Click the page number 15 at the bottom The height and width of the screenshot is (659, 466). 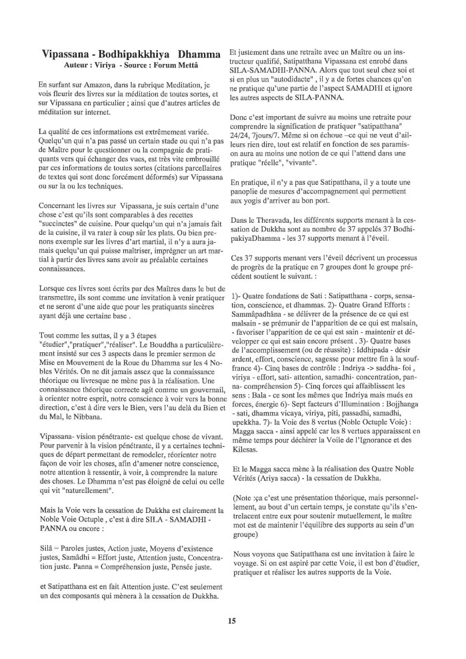click(233, 621)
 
